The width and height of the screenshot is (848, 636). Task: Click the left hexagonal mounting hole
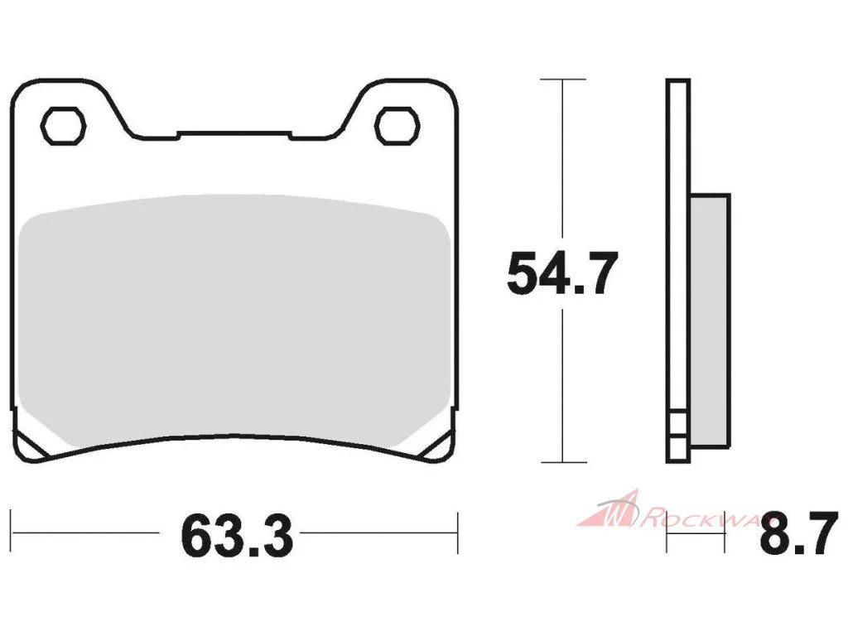coord(63,126)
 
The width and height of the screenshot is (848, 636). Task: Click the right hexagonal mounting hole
coord(397,126)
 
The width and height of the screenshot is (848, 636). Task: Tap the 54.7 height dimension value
coord(562,273)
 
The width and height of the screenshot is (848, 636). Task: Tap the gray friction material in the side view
coord(710,320)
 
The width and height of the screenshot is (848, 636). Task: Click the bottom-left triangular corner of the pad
coord(27,441)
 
